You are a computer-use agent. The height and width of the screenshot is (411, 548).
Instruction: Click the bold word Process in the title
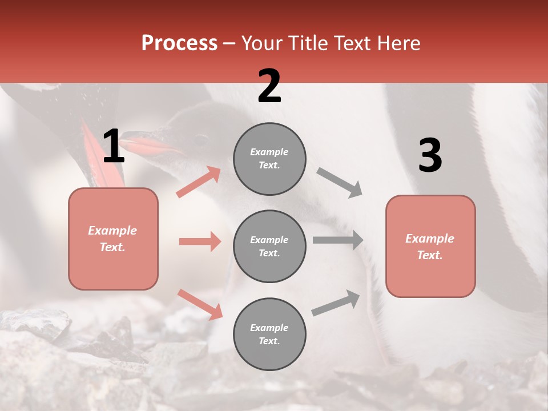(x=179, y=43)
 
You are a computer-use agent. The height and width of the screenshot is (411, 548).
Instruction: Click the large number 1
(x=114, y=147)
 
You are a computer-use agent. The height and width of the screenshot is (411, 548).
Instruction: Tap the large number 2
(x=269, y=86)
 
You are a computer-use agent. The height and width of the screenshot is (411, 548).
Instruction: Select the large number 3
(x=430, y=156)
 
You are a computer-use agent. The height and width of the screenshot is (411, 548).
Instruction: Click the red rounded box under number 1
(x=113, y=239)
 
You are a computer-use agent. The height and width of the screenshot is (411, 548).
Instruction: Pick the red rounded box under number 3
(x=430, y=247)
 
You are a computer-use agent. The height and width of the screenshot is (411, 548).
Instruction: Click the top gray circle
(x=269, y=159)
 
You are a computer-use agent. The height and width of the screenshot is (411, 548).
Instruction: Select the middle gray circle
(x=269, y=246)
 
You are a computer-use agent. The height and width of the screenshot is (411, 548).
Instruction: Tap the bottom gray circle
(x=269, y=334)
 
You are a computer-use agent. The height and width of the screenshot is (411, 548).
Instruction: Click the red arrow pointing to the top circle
(x=199, y=182)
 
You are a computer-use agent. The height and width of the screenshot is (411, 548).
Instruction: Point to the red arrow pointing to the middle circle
(x=200, y=241)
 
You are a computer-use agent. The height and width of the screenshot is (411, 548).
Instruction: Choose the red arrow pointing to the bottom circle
(x=200, y=304)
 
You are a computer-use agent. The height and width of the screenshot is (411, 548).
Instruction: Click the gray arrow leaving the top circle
(x=339, y=183)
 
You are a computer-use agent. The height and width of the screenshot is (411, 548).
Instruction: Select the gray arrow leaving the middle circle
(x=337, y=240)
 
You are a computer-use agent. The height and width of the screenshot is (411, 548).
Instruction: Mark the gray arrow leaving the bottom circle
(x=336, y=303)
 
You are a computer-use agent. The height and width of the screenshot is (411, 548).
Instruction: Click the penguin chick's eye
(x=201, y=139)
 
